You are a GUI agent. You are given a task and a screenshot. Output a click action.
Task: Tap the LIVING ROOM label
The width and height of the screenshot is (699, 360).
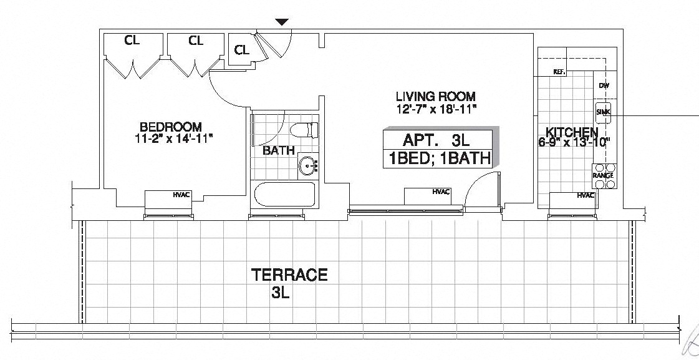[x=436, y=97]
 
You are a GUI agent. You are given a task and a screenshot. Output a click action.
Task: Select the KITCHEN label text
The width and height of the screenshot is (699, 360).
[x=572, y=132]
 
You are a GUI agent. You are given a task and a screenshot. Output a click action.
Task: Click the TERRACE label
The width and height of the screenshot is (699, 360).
[x=289, y=275]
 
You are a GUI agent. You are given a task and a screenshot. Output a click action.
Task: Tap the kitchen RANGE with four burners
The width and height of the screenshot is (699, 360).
[x=604, y=175]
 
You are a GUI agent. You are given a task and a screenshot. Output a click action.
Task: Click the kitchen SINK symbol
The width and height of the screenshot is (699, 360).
[x=603, y=112]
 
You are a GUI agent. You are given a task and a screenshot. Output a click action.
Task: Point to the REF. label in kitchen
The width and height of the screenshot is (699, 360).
[x=559, y=72]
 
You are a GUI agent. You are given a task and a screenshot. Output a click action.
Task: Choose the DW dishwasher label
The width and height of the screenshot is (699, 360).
[x=603, y=86]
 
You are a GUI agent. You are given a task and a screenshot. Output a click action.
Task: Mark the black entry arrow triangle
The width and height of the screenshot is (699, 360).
[x=282, y=22]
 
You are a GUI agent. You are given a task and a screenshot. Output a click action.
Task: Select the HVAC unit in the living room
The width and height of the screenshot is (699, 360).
[x=427, y=195]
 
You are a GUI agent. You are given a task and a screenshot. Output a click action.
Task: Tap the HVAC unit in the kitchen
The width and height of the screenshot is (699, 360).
[x=571, y=200]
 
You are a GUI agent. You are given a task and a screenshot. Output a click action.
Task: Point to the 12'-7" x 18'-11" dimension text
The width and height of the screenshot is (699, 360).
[x=436, y=109]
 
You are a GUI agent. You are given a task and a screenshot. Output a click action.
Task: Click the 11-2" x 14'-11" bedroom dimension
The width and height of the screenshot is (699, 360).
[x=173, y=137]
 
